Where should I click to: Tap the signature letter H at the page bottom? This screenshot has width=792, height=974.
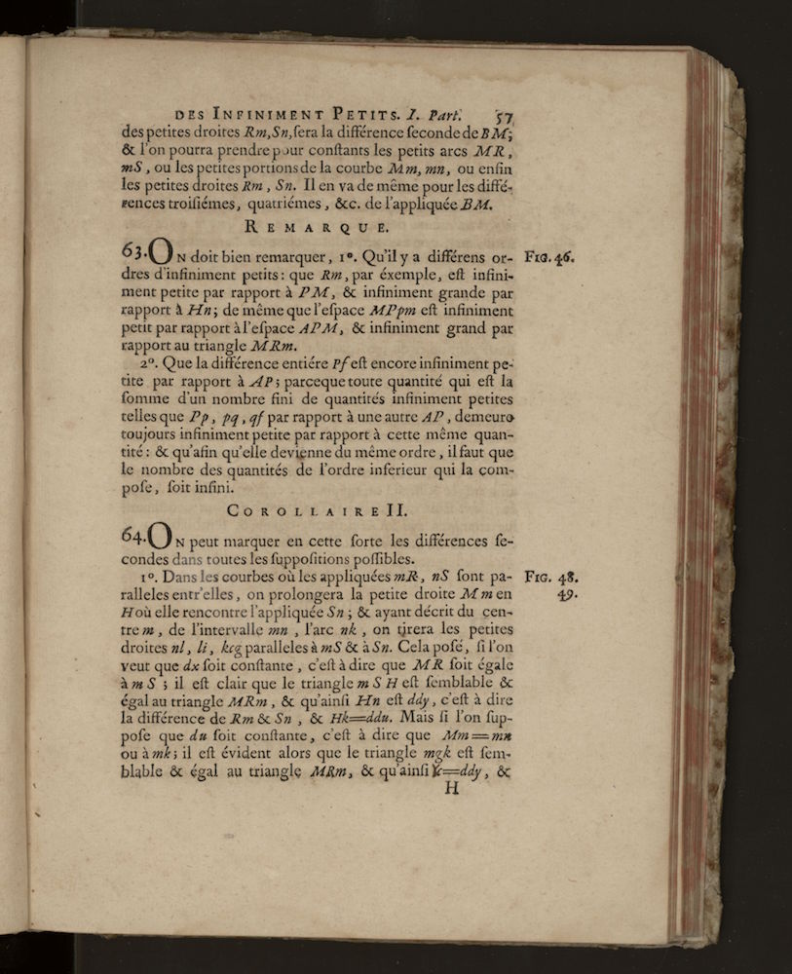click(x=450, y=788)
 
